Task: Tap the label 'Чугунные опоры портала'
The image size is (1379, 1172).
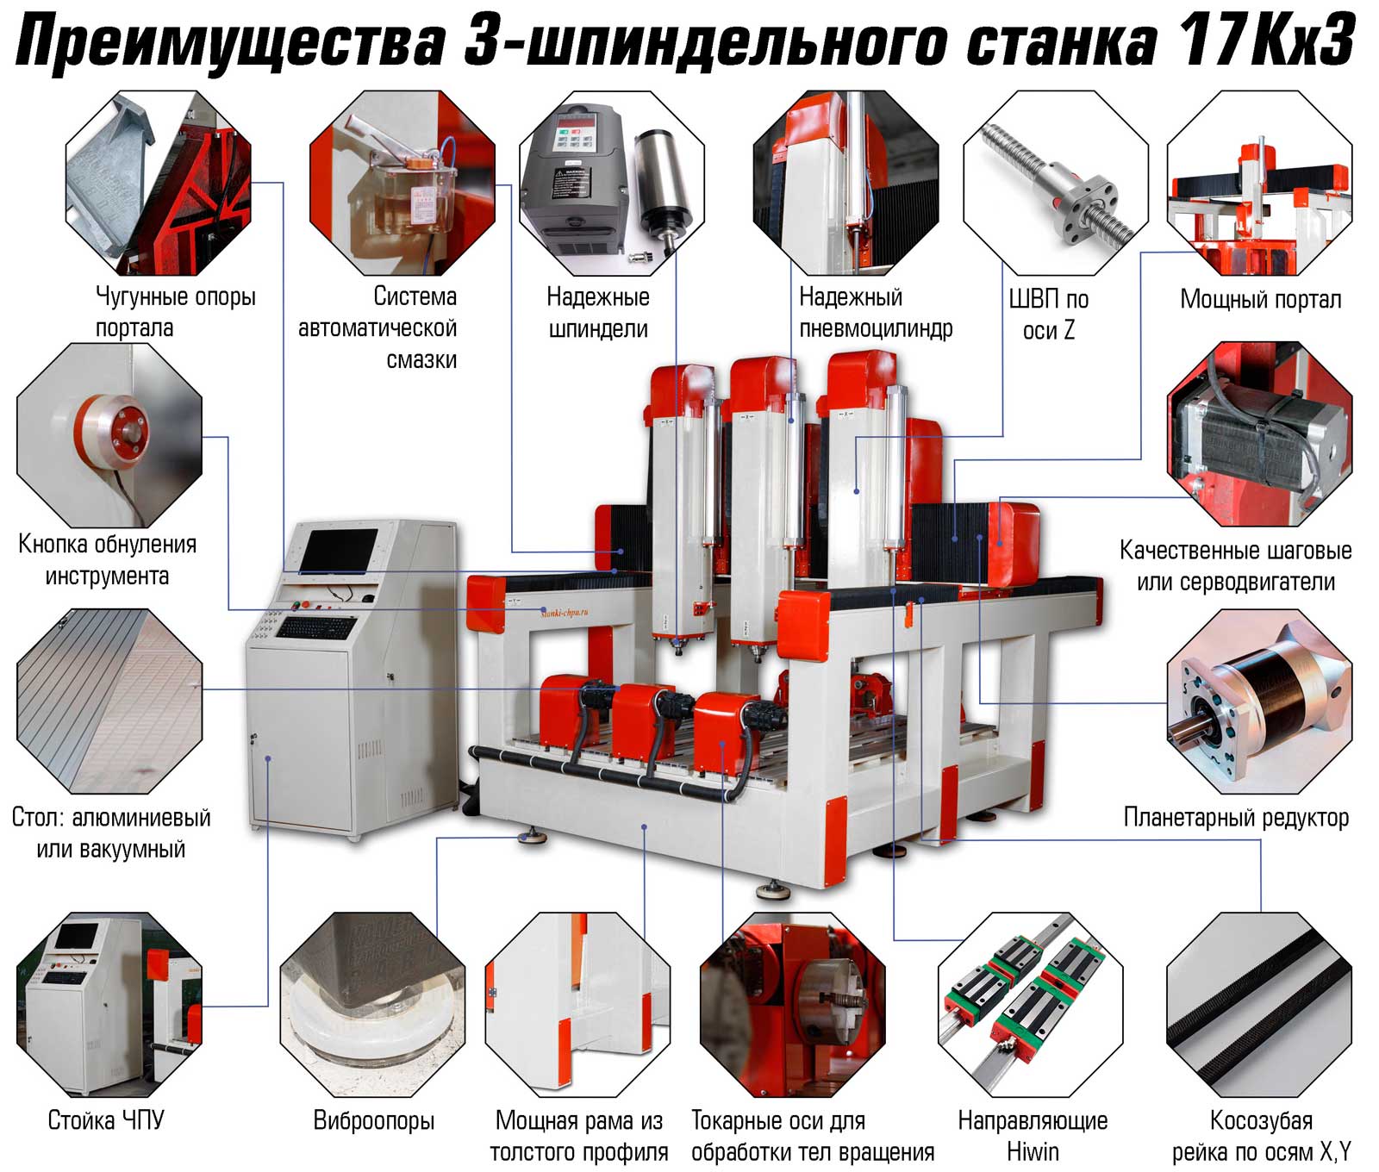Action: (175, 312)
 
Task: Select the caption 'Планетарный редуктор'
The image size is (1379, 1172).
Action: (1236, 817)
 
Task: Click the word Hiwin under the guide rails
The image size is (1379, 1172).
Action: (1033, 1151)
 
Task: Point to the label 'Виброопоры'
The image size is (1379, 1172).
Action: (373, 1120)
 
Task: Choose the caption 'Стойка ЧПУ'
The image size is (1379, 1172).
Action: (105, 1120)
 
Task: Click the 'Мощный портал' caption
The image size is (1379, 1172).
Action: (1260, 299)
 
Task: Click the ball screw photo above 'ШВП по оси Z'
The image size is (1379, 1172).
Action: (1055, 183)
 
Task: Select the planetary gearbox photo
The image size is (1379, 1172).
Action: (1259, 701)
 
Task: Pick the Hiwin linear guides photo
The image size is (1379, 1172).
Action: (1031, 1005)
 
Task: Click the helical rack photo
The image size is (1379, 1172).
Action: (1259, 1005)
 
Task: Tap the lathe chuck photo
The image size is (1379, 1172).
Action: (793, 1005)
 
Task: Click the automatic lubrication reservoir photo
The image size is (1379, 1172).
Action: (402, 183)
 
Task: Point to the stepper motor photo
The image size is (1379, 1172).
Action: (1259, 433)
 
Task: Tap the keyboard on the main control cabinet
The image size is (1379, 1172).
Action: (315, 627)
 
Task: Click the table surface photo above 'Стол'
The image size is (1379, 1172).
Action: (109, 701)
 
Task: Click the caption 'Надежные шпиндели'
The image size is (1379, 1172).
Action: (598, 313)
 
